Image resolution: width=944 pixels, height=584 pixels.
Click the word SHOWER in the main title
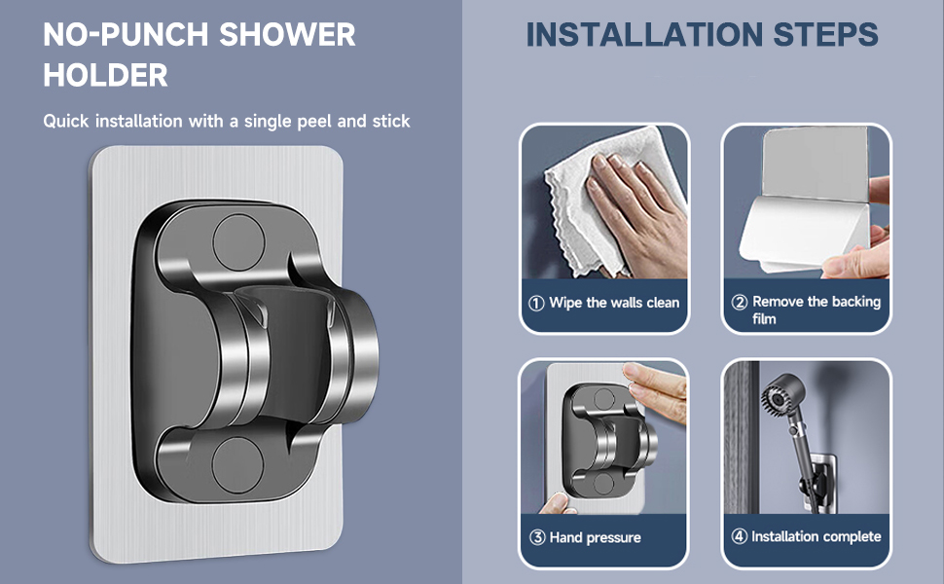[287, 34]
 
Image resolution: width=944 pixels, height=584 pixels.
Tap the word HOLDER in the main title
[105, 75]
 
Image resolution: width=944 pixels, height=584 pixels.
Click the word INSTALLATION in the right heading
[645, 34]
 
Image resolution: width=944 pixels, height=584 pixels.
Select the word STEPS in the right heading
[825, 34]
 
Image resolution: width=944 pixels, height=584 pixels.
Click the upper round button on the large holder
[238, 242]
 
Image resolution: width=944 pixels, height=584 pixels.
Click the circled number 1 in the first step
[536, 303]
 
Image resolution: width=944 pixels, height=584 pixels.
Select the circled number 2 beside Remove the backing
[740, 302]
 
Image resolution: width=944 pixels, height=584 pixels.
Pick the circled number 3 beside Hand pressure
[537, 537]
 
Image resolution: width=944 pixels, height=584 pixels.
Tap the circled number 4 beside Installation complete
[740, 536]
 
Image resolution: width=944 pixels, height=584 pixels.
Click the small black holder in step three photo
[608, 441]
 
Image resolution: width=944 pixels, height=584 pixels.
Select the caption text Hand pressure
[595, 537]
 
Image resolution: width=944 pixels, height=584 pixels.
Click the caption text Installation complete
[816, 536]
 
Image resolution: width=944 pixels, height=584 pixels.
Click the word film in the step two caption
[764, 319]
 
